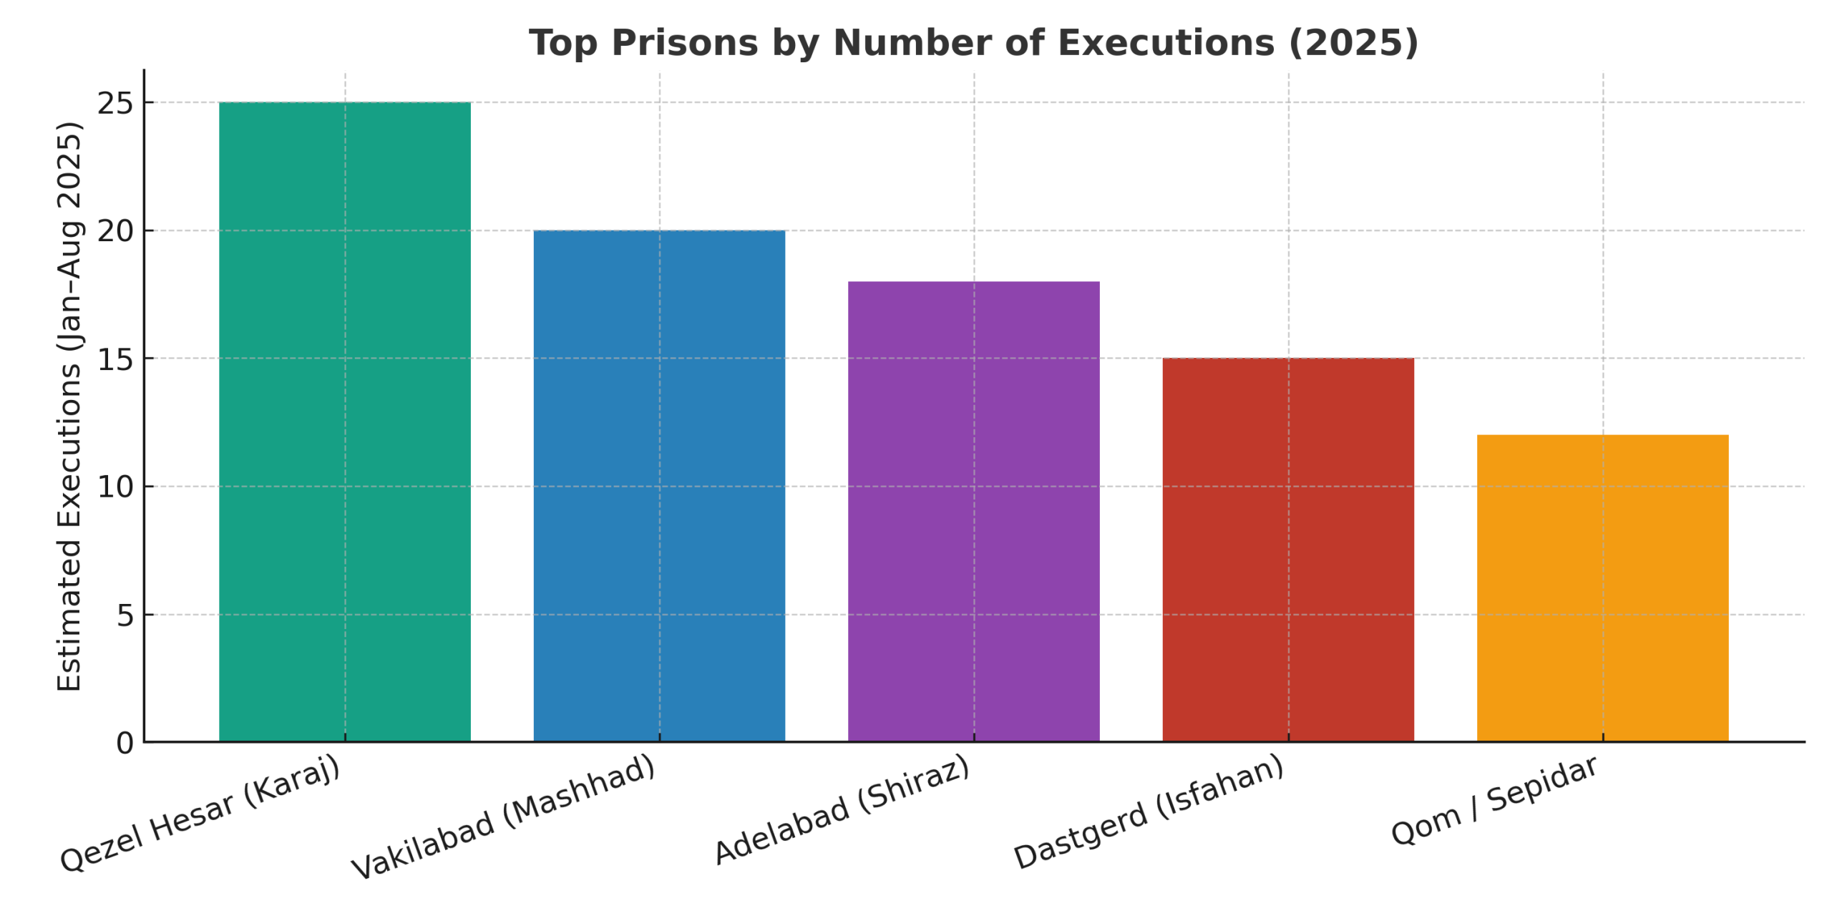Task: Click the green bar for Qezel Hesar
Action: pos(344,422)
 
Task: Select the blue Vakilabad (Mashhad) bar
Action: pos(659,487)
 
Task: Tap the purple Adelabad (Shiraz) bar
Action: pos(973,512)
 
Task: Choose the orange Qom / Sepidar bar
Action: pos(1602,588)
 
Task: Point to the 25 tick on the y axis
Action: pos(115,104)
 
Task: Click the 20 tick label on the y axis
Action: pos(115,231)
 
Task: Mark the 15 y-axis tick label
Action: pos(115,359)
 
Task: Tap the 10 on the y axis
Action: pos(115,487)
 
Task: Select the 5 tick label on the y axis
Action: pos(125,615)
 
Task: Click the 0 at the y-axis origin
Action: pos(125,744)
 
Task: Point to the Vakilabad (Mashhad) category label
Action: pos(503,817)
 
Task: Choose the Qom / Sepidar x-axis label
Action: pos(1494,801)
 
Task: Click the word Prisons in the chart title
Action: pos(684,43)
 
